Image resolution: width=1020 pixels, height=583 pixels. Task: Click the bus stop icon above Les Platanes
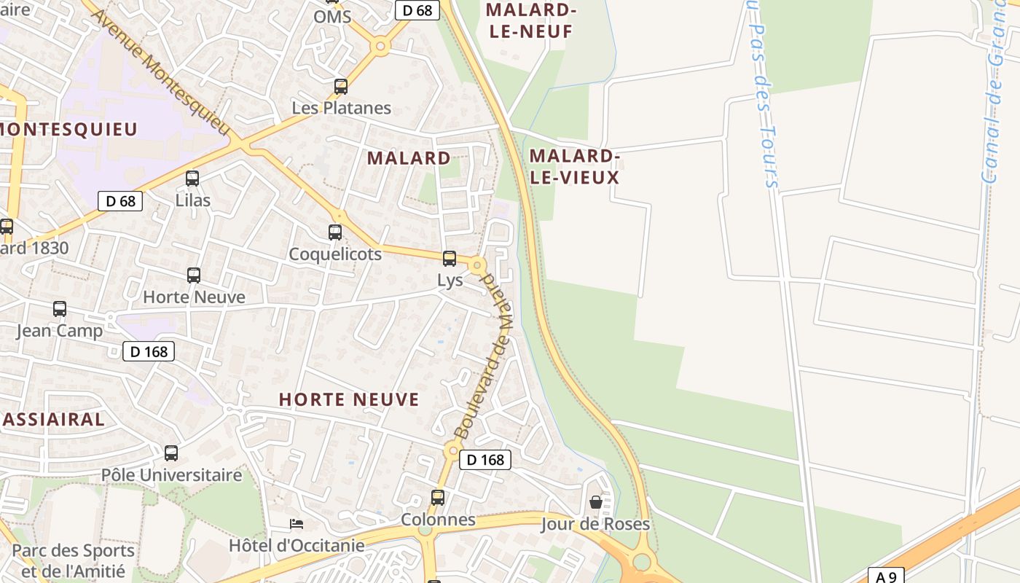point(340,87)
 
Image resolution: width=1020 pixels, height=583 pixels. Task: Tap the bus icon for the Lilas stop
point(192,179)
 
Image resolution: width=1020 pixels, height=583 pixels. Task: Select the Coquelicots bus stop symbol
point(335,232)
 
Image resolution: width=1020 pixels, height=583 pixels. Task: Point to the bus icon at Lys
point(450,259)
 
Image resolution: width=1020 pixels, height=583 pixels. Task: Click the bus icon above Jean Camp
point(60,309)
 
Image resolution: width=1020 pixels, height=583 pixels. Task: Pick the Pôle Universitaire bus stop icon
point(171,453)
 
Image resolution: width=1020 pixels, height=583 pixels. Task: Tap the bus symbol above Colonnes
point(438,498)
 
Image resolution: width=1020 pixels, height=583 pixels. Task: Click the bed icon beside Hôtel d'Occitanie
point(296,524)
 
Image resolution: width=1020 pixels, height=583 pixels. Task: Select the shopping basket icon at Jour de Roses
point(596,502)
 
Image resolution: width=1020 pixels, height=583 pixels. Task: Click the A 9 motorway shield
point(886,576)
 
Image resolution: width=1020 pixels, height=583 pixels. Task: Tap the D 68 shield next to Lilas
point(120,201)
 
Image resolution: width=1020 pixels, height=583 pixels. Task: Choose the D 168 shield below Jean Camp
point(149,352)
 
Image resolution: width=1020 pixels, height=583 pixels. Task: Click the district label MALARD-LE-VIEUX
point(574,167)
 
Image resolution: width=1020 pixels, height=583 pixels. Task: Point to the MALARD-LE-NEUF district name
point(531,20)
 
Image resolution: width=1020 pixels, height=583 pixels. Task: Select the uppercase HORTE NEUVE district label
point(349,399)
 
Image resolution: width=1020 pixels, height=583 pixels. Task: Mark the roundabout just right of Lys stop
point(477,265)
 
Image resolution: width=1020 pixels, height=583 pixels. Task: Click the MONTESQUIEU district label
point(68,130)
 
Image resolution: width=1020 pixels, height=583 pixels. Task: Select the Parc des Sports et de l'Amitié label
point(73,560)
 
